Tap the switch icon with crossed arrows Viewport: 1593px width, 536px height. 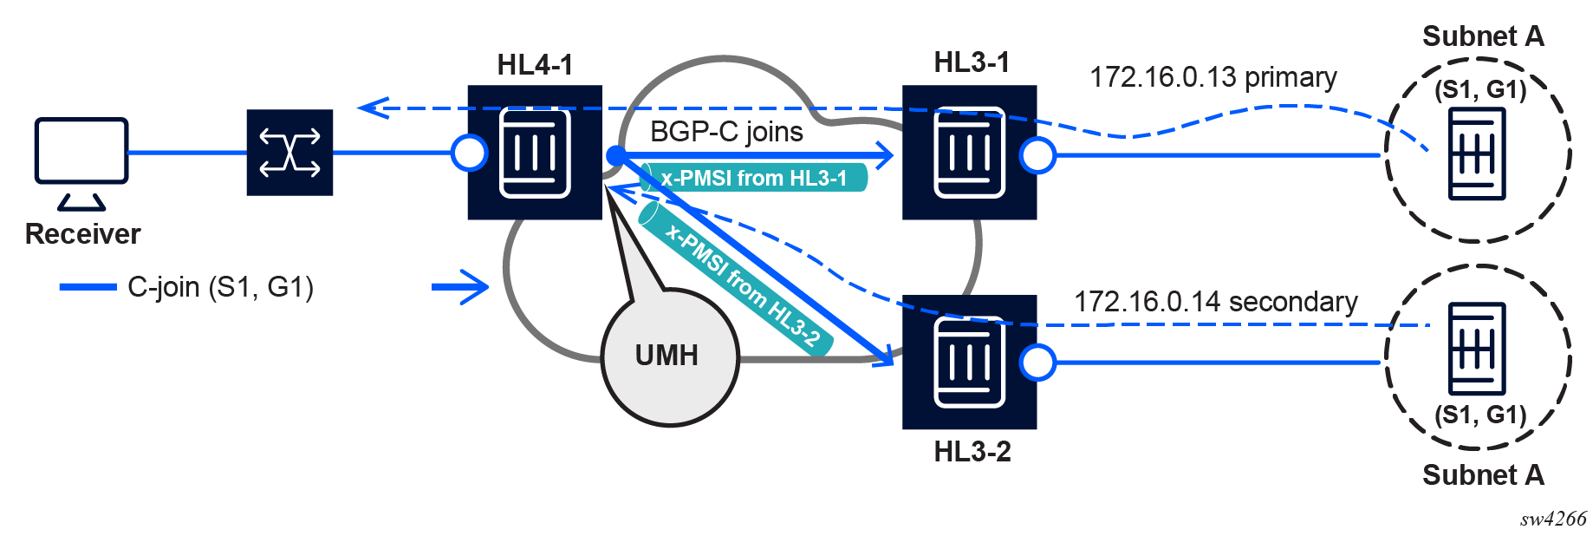coord(289,153)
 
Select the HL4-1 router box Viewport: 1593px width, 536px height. coord(535,153)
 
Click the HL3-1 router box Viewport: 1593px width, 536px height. coord(969,153)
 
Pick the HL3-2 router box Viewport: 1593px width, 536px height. coord(969,362)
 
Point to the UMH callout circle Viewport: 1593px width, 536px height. coord(670,356)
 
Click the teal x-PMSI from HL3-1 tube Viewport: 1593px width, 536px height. coord(754,178)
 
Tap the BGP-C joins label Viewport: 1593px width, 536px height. coord(726,132)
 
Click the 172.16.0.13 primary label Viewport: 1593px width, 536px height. coord(1213,77)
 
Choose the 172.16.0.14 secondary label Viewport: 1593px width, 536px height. coord(1215,302)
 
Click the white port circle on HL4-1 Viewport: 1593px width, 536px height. coord(470,154)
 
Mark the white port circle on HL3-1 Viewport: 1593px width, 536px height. coord(1037,155)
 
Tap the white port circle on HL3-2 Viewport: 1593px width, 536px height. coord(1037,363)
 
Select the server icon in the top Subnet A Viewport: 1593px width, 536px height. coord(1477,154)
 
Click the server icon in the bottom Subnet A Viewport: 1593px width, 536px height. coord(1477,349)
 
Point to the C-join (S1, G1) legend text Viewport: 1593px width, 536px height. coord(220,287)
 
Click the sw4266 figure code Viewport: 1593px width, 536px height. coord(1553,519)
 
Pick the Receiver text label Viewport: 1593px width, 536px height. coord(82,234)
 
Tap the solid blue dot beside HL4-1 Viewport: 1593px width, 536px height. coord(616,156)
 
